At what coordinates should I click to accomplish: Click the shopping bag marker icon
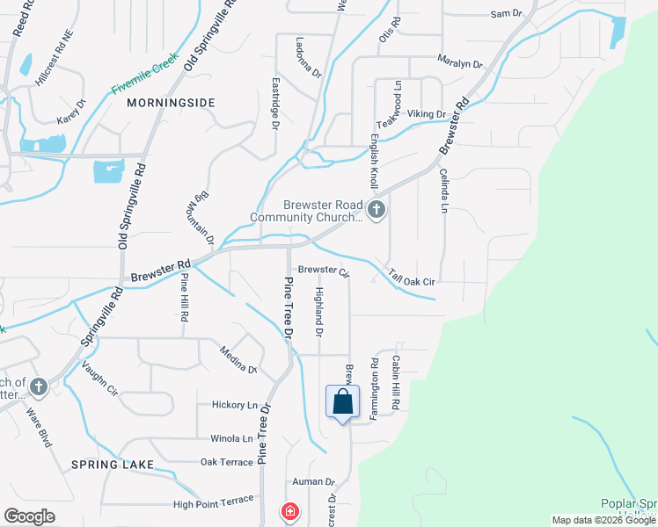[x=343, y=402]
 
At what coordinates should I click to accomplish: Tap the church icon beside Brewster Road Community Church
[x=377, y=210]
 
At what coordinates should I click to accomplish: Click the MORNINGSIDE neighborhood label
[x=171, y=103]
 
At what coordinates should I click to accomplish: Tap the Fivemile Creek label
[x=145, y=77]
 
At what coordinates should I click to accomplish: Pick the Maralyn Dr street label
[x=461, y=63]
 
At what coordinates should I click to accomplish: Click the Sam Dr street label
[x=506, y=13]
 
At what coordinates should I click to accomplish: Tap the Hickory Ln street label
[x=234, y=405]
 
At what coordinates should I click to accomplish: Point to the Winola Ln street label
[x=231, y=438]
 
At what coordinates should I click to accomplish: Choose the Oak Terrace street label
[x=226, y=462]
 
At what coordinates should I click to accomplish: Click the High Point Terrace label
[x=213, y=503]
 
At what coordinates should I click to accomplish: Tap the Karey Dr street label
[x=71, y=112]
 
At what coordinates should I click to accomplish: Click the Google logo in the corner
[x=29, y=516]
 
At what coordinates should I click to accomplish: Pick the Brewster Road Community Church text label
[x=306, y=211]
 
